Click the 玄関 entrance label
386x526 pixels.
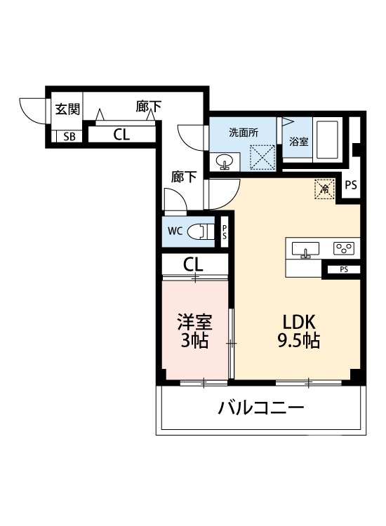[x=68, y=109]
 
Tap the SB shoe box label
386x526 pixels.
[x=68, y=136]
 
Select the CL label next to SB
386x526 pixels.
[x=121, y=135]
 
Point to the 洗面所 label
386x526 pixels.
[x=243, y=133]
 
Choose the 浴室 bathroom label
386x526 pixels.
[x=298, y=141]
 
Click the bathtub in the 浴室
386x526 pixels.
[x=327, y=140]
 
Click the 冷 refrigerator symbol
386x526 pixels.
[x=324, y=188]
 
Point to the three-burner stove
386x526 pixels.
[x=344, y=248]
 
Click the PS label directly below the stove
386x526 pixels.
[x=343, y=269]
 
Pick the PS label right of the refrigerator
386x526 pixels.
[x=351, y=186]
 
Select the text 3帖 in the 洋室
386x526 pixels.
[x=194, y=342]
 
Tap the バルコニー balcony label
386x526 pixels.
[x=260, y=407]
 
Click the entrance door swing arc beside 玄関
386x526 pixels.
[x=32, y=110]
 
